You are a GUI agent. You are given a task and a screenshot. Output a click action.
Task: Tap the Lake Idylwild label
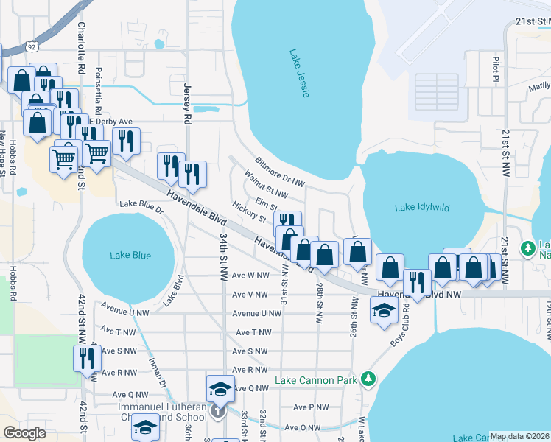coord(421,208)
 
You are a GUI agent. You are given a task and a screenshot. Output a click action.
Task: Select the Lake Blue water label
coord(130,256)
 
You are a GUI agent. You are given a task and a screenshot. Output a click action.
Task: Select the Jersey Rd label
coord(187,102)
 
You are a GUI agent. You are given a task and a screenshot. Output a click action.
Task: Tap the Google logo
coord(24,433)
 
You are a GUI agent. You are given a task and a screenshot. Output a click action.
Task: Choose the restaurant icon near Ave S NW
coord(87,359)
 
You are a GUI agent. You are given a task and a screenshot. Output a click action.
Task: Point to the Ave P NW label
coord(311,407)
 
